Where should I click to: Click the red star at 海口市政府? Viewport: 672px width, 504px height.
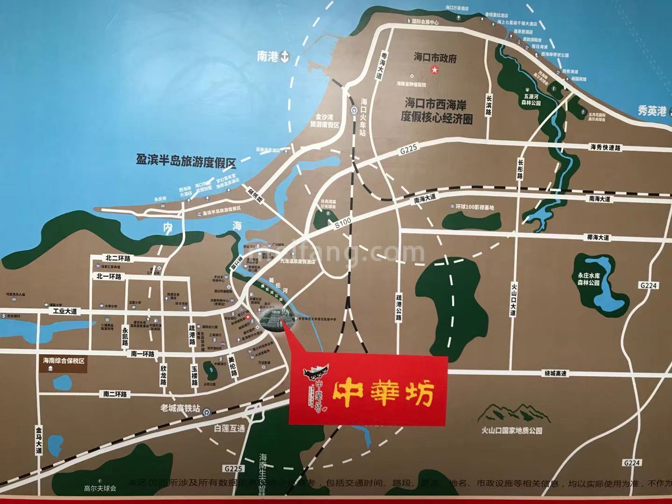pyautogui.click(x=434, y=70)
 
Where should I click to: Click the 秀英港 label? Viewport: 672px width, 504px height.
pyautogui.click(x=653, y=111)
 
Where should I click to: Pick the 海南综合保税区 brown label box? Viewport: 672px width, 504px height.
pyautogui.click(x=65, y=361)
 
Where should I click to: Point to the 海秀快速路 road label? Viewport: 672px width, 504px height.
pyautogui.click(x=606, y=147)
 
